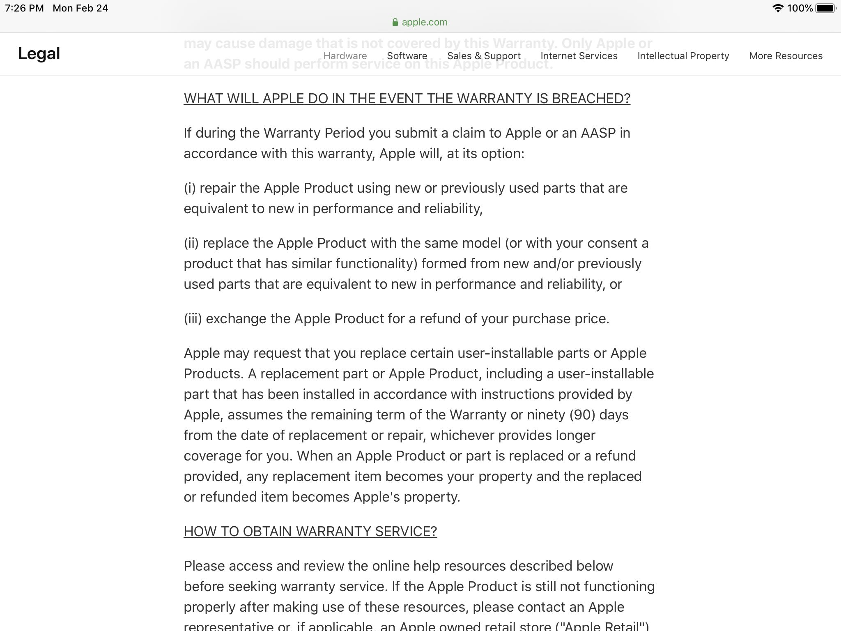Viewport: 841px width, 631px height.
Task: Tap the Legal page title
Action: coord(39,54)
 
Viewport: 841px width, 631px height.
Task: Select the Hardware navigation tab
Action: coord(345,56)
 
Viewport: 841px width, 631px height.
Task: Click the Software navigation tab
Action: coord(407,56)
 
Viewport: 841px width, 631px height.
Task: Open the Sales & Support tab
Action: coord(484,56)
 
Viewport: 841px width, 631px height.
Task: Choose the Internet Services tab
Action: coord(579,56)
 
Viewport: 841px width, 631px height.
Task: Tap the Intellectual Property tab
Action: coord(683,56)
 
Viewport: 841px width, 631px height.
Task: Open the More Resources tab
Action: coord(786,56)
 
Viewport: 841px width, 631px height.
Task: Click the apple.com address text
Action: coord(425,22)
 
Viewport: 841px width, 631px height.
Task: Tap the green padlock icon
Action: coord(395,22)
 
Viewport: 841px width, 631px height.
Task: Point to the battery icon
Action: coord(825,8)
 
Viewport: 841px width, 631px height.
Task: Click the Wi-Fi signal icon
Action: coord(778,8)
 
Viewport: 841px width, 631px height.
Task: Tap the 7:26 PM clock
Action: coord(24,8)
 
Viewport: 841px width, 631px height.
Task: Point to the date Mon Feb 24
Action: coord(80,8)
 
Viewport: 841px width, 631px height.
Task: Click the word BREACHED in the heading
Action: coord(591,99)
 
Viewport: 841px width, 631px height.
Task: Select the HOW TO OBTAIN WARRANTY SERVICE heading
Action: coord(310,532)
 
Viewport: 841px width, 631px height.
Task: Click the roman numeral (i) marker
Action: coord(190,188)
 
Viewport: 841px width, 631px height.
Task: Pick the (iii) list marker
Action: coord(193,319)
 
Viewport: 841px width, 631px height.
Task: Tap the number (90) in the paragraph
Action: coord(582,415)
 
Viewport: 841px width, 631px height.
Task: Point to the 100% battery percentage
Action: coord(800,8)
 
